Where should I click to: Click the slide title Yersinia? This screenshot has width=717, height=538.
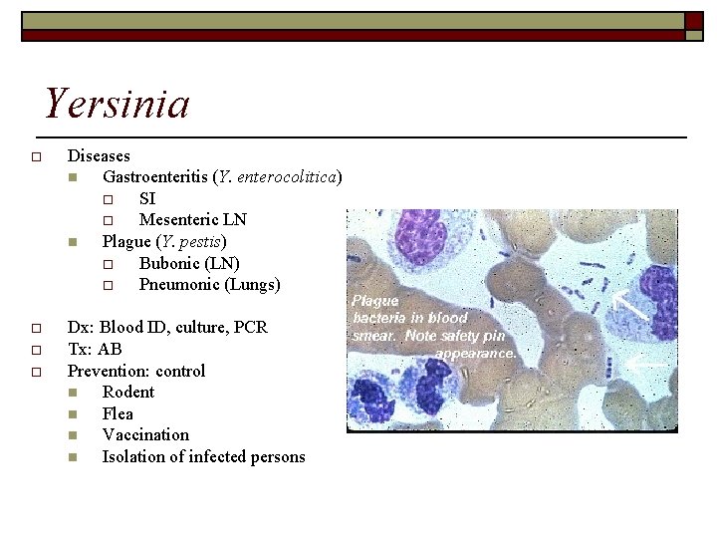coord(118,104)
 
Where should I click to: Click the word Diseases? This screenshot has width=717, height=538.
coord(99,155)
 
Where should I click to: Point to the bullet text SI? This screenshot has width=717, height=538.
coord(147,198)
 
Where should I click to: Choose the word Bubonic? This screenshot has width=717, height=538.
coord(168,263)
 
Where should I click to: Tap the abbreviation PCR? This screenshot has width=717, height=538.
coord(249,327)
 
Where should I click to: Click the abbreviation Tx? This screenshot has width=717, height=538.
coord(79,349)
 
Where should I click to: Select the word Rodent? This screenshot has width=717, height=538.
coord(128,392)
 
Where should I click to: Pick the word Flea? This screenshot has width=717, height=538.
coord(118,413)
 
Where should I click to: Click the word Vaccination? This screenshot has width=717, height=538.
coord(145,434)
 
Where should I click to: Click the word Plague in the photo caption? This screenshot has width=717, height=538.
coord(375,300)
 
